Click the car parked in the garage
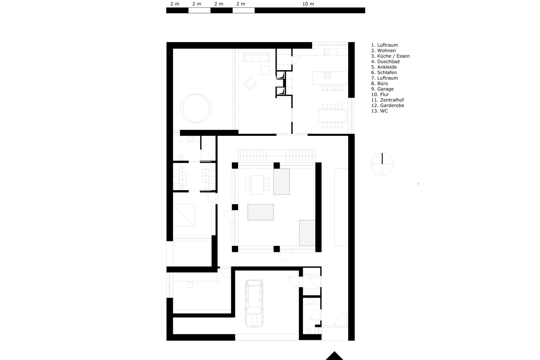click(x=254, y=303)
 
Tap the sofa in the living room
click(x=256, y=57)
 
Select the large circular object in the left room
click(x=196, y=108)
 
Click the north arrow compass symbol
click(x=382, y=164)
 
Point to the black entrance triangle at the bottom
click(x=334, y=356)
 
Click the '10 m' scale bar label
click(x=308, y=4)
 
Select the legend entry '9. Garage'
click(x=382, y=89)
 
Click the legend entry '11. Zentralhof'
click(x=387, y=100)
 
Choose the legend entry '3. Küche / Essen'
click(x=390, y=56)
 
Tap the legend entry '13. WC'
click(x=380, y=111)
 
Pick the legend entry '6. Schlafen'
click(x=384, y=72)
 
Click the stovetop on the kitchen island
click(x=327, y=75)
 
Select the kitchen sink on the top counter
click(x=327, y=52)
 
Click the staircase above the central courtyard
click(x=277, y=156)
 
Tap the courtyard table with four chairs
click(x=257, y=184)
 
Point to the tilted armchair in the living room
click(x=250, y=83)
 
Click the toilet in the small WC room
click(x=309, y=331)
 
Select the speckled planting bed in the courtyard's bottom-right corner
click(x=307, y=233)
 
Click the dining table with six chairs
click(x=332, y=116)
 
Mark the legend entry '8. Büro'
click(x=380, y=83)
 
